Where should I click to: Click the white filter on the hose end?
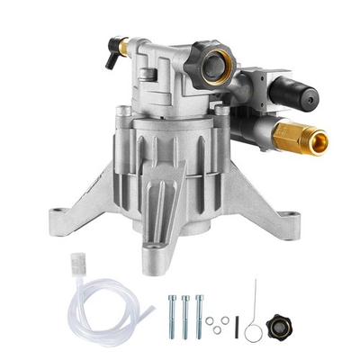coord(75,269)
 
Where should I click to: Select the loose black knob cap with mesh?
coord(277,325)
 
